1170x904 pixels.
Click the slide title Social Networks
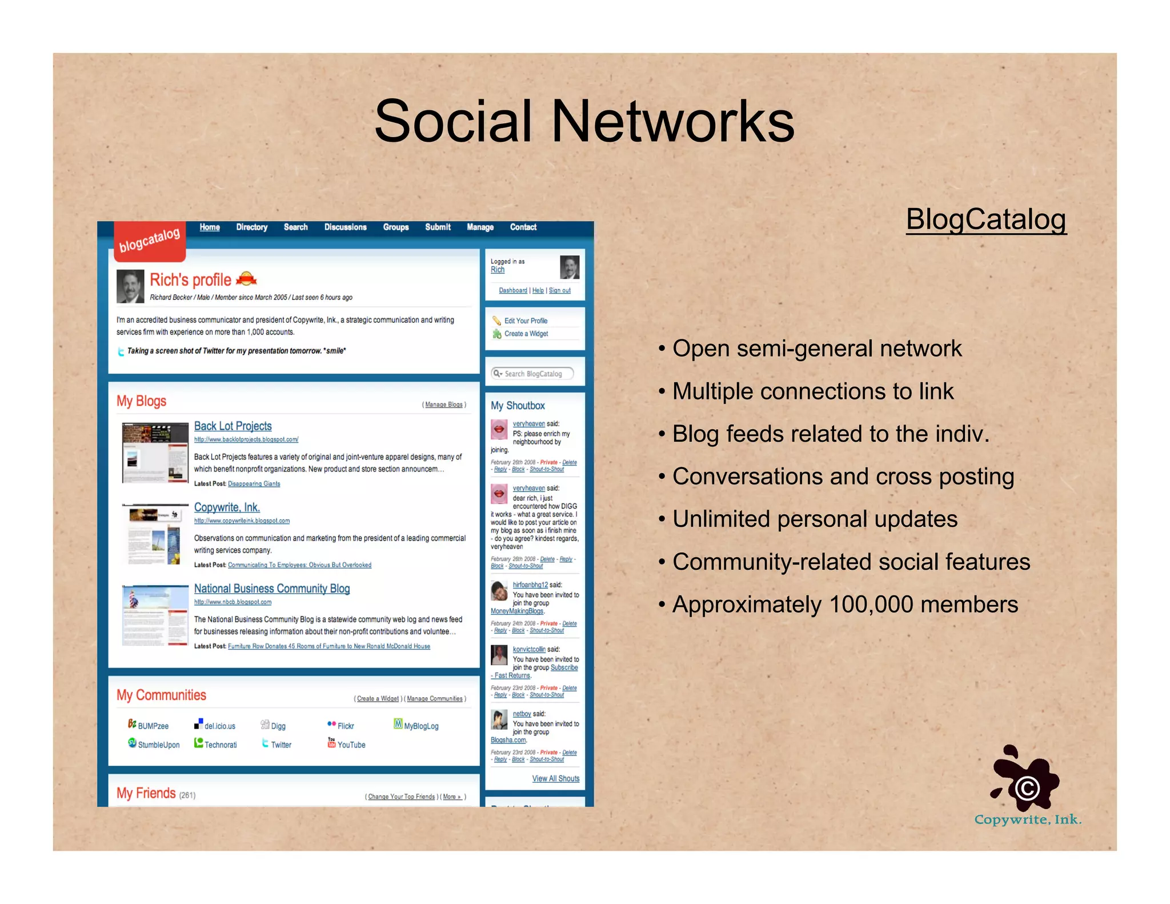pyautogui.click(x=584, y=121)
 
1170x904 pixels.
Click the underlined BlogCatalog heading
pyautogui.click(x=985, y=219)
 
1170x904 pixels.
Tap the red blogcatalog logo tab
pyautogui.click(x=150, y=240)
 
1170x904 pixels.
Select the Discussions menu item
pyautogui.click(x=345, y=227)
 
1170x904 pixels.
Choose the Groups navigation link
pyautogui.click(x=395, y=227)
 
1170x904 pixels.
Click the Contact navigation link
pyautogui.click(x=523, y=227)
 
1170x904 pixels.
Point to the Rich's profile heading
pyautogui.click(x=190, y=280)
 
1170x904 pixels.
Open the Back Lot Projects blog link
pyautogui.click(x=233, y=426)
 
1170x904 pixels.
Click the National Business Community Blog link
pyautogui.click(x=271, y=589)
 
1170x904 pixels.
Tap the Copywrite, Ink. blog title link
pyautogui.click(x=227, y=507)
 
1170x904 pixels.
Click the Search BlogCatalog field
pyautogui.click(x=532, y=374)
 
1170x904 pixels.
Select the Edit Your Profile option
pyautogui.click(x=526, y=321)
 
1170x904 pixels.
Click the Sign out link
pyautogui.click(x=559, y=290)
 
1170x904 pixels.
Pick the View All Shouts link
pyautogui.click(x=555, y=778)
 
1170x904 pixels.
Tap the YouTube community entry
pyautogui.click(x=351, y=745)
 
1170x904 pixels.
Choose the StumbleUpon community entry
pyautogui.click(x=158, y=745)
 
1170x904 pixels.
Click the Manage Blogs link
pyautogui.click(x=444, y=405)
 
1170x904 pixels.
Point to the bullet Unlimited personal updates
pyautogui.click(x=814, y=519)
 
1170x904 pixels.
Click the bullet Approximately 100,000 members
pyautogui.click(x=844, y=605)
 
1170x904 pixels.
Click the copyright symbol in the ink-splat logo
pyautogui.click(x=1027, y=789)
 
